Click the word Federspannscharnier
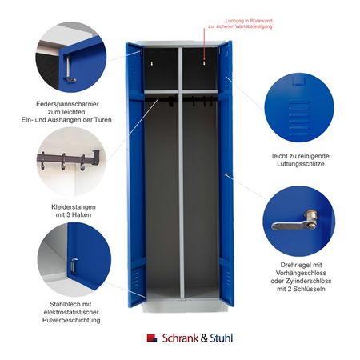[67, 104]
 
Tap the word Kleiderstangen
[74, 207]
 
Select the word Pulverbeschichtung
[71, 320]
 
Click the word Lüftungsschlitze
[301, 164]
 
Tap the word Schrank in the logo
[180, 338]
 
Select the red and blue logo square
[152, 338]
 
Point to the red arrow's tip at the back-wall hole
[204, 60]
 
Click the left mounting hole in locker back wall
[152, 64]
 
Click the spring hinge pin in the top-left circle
[69, 70]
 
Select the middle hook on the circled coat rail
[63, 162]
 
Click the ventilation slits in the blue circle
[299, 118]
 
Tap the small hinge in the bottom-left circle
[74, 265]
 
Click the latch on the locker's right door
[228, 175]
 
